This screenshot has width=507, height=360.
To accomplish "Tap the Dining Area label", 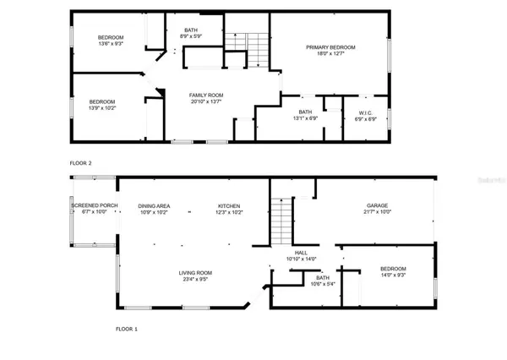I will point(155,206).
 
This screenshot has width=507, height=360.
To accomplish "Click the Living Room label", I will point(194,272).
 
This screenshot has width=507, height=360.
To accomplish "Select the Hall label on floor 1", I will point(301,252).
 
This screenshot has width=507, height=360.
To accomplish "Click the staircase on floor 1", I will point(283,219).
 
